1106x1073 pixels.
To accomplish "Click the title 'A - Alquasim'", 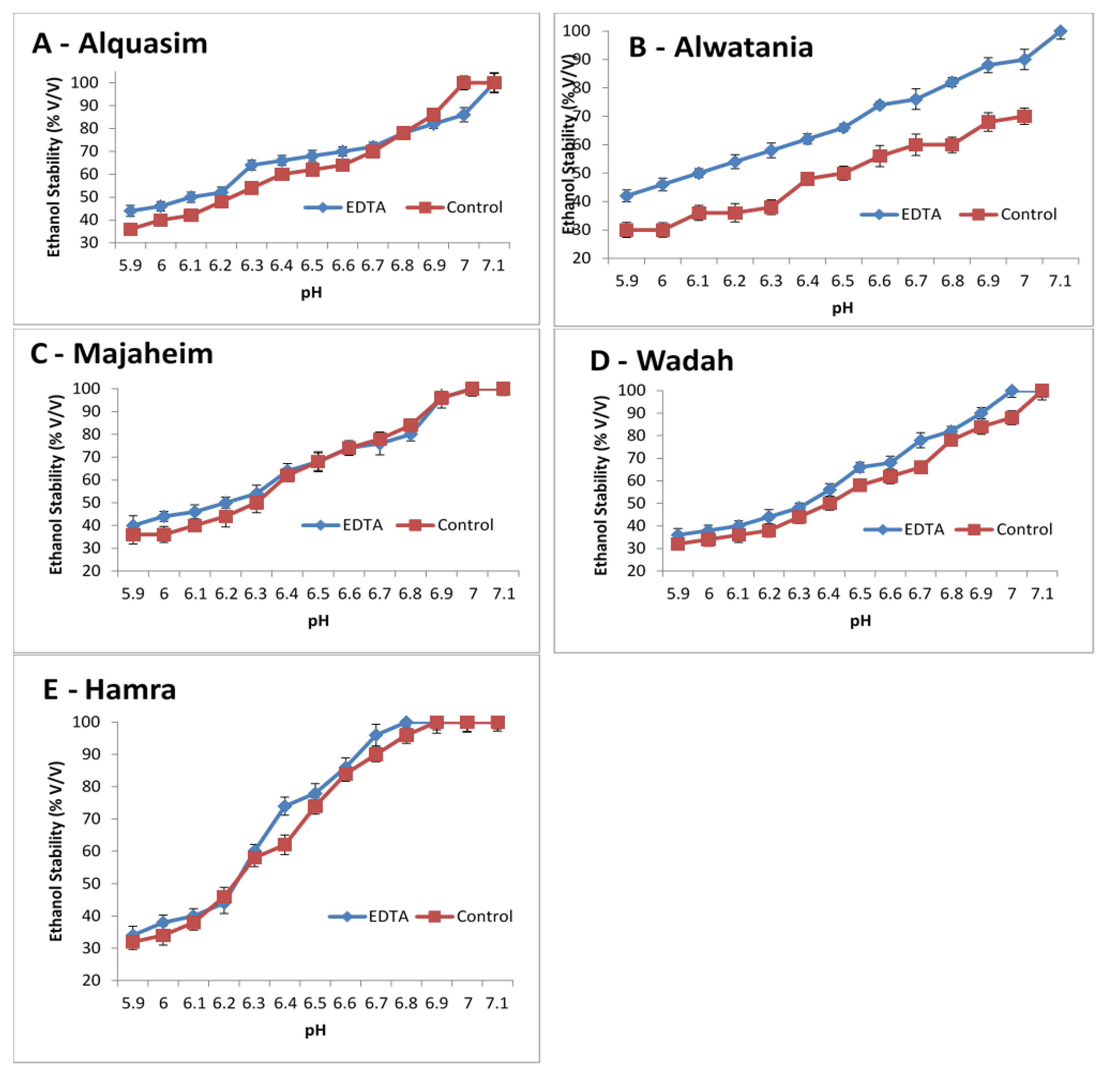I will click(119, 43).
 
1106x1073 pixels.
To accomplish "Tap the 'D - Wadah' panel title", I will click(661, 361).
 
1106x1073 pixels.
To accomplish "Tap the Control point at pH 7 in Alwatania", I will click(1024, 117).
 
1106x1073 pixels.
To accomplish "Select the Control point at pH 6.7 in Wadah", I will click(920, 467).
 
